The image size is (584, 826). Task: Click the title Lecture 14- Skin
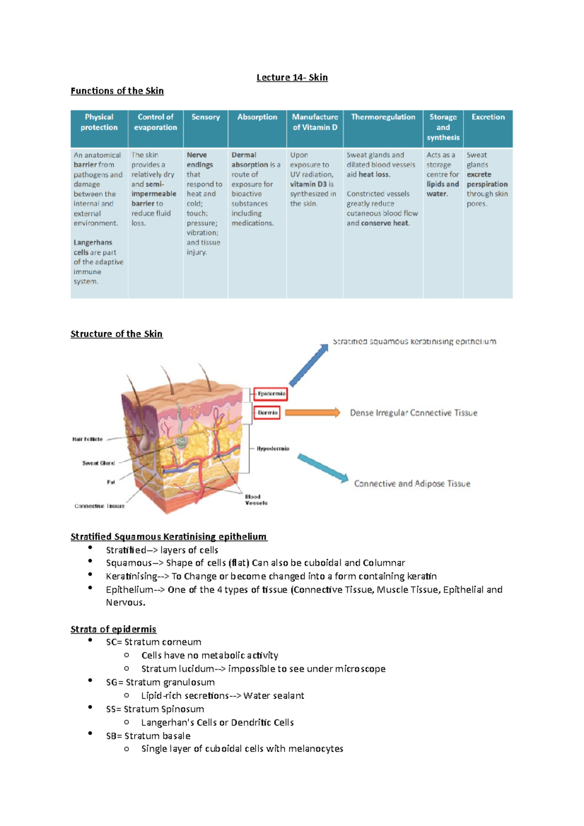pyautogui.click(x=292, y=77)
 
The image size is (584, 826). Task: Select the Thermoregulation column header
pyautogui.click(x=383, y=117)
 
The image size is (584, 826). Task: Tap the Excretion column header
pyautogui.click(x=488, y=117)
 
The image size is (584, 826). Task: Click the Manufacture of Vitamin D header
pyautogui.click(x=315, y=122)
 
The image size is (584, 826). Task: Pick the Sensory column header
pyautogui.click(x=205, y=117)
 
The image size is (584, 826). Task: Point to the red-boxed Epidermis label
pyautogui.click(x=271, y=394)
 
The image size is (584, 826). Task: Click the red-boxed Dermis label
pyautogui.click(x=267, y=413)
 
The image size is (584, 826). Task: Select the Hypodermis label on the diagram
pyautogui.click(x=273, y=449)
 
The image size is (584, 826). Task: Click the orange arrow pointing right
pyautogui.click(x=312, y=413)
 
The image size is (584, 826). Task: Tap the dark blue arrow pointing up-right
pyautogui.click(x=309, y=365)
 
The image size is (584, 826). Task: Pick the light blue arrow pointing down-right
pyautogui.click(x=323, y=467)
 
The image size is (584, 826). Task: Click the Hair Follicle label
pyautogui.click(x=88, y=439)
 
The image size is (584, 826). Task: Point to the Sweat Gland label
pyautogui.click(x=98, y=463)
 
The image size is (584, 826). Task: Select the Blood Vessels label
pyautogui.click(x=256, y=500)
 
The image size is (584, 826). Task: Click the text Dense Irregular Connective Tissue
pyautogui.click(x=414, y=413)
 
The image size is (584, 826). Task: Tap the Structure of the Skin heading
pyautogui.click(x=116, y=334)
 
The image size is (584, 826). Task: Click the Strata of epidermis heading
pyautogui.click(x=113, y=629)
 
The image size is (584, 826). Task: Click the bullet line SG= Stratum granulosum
pyautogui.click(x=160, y=682)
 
